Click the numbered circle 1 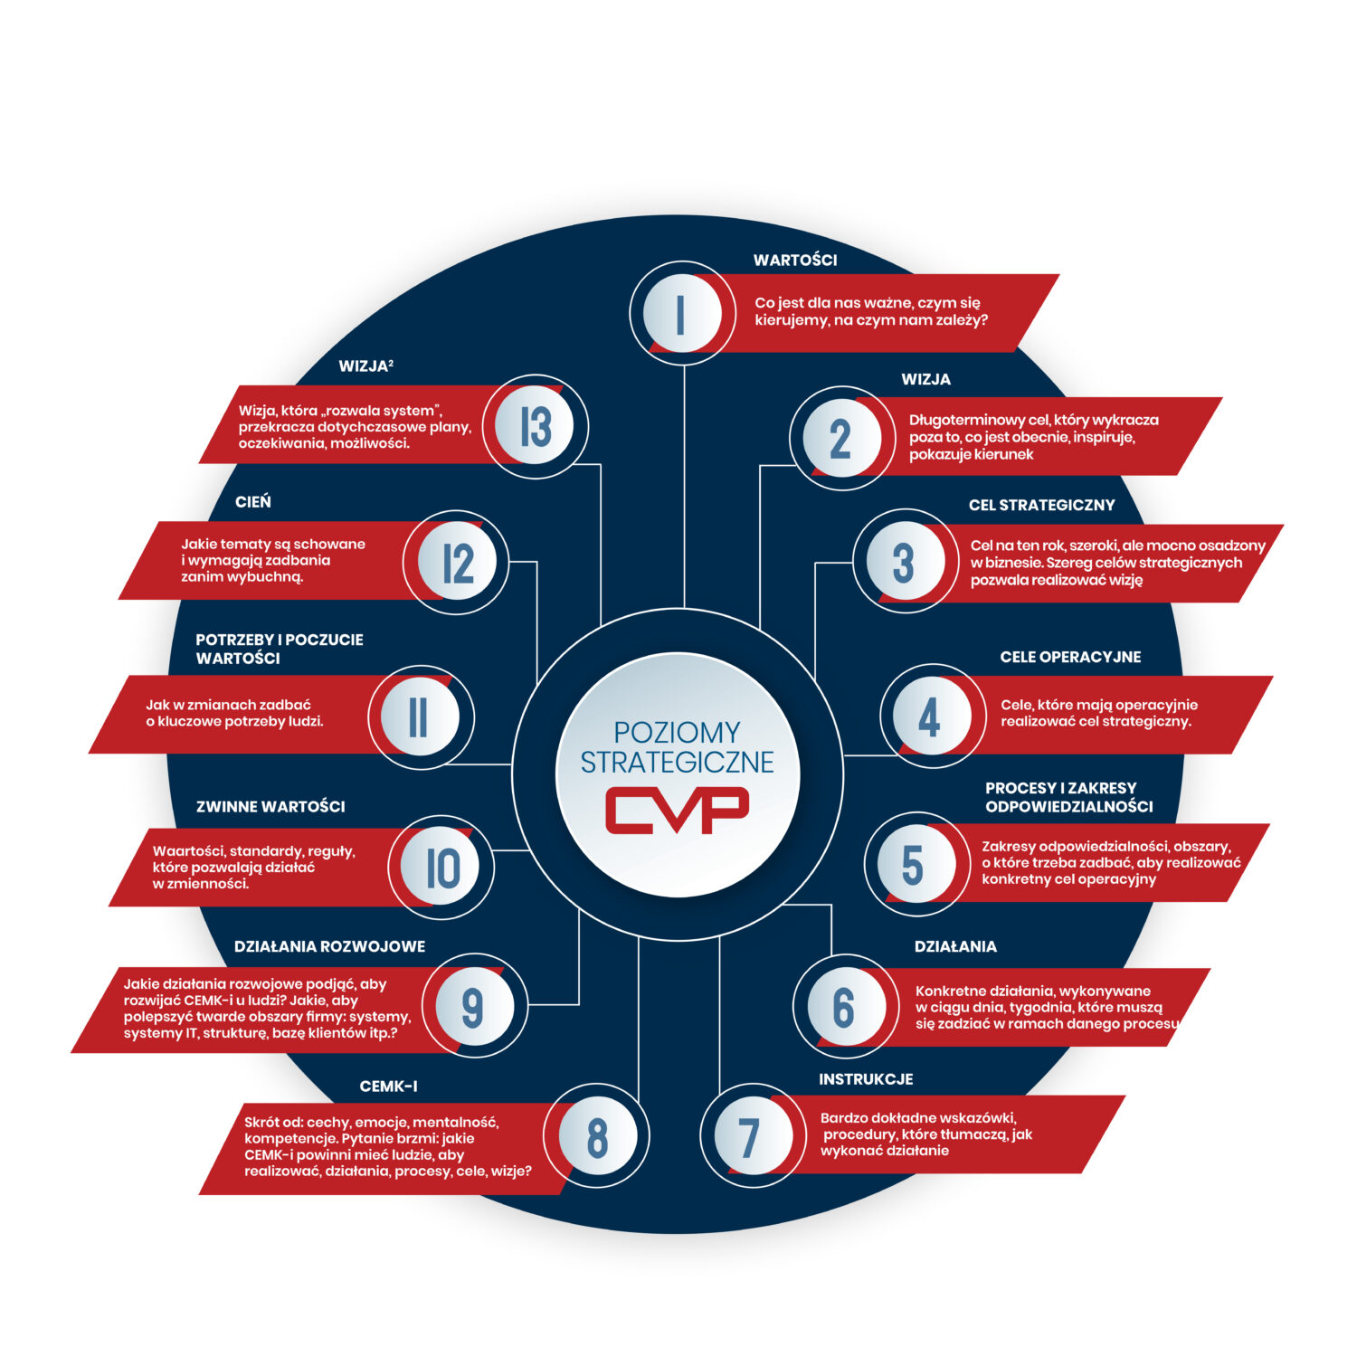[681, 313]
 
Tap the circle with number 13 [536, 426]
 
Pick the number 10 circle [442, 868]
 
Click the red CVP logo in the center [677, 810]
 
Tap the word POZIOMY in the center [677, 732]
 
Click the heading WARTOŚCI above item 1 [795, 261]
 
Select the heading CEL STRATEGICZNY [1041, 505]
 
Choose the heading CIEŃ [253, 502]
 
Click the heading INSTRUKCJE [866, 1079]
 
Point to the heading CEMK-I [388, 1087]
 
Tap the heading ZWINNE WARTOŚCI [270, 806]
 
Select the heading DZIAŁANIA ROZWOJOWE [329, 946]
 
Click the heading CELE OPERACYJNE [1070, 657]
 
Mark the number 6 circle [843, 1007]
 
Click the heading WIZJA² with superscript [365, 366]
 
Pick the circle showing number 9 [472, 1006]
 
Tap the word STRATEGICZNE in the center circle [677, 763]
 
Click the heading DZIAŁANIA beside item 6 [955, 946]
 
